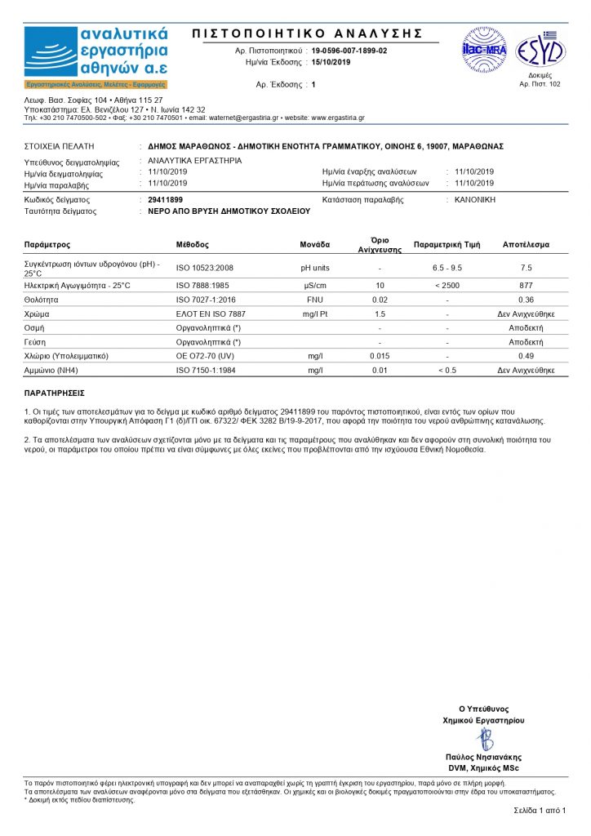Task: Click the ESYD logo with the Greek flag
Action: tap(540, 51)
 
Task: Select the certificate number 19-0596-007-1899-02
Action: tap(349, 51)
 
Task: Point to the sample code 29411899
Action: tap(166, 199)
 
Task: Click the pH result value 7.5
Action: tap(526, 268)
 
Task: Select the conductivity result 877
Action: tap(526, 286)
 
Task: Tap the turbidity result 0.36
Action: tap(526, 300)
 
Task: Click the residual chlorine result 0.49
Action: tap(526, 356)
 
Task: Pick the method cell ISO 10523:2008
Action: tap(205, 268)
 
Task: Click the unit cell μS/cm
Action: tap(315, 286)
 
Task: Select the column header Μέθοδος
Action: tap(193, 245)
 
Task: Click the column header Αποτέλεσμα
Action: tap(526, 245)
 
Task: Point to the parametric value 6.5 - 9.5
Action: tap(447, 268)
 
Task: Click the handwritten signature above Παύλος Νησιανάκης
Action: tap(485, 740)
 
